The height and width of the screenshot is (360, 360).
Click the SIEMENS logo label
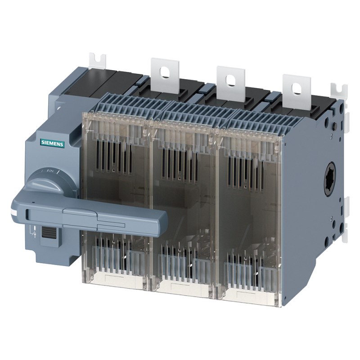(x=53, y=143)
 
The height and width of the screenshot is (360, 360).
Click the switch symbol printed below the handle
(x=32, y=233)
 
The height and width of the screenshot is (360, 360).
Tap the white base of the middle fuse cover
(x=180, y=286)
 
